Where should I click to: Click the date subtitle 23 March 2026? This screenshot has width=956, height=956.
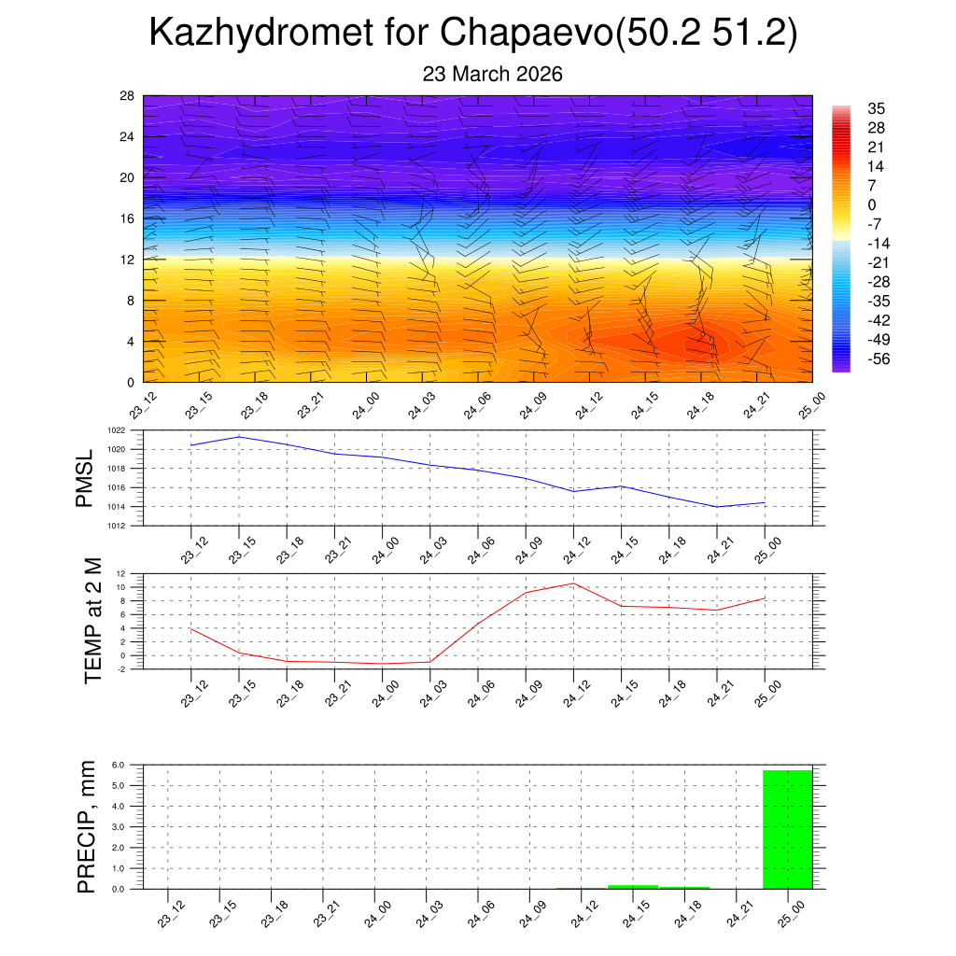pos(492,75)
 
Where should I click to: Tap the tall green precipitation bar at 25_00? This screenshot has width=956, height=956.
pos(787,829)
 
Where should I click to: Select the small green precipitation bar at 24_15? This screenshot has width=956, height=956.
pos(632,886)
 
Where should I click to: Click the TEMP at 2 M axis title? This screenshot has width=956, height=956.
pos(92,620)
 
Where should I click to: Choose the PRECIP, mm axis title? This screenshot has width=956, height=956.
pos(87,827)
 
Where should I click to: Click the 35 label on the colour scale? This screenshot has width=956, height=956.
pos(876,107)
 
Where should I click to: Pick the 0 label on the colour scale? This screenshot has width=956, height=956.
pos(872,204)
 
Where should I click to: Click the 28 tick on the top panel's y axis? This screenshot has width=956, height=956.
pos(128,95)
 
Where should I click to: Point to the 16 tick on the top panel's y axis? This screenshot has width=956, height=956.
pos(128,218)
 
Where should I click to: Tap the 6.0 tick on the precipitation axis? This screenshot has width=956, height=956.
pos(118,765)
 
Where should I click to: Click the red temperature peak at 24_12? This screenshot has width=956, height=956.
pos(573,583)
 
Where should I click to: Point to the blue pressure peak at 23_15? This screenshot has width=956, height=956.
pos(239,437)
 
